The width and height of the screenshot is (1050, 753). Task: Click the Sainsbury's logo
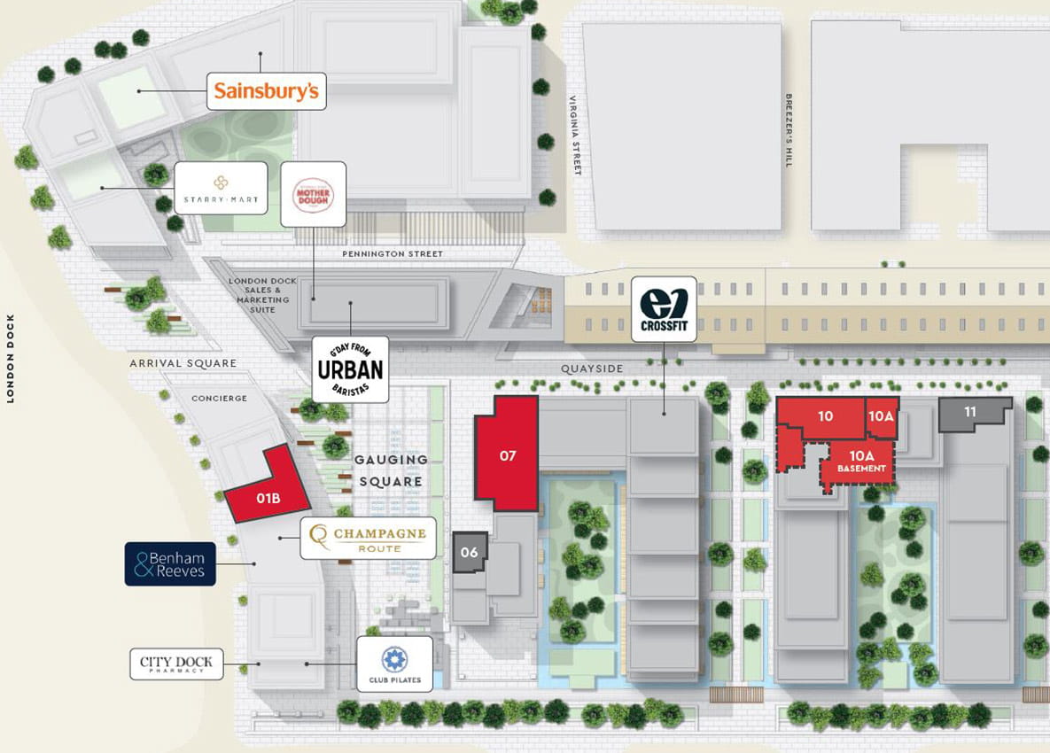pos(267,91)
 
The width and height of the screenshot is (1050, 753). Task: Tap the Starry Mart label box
pos(221,188)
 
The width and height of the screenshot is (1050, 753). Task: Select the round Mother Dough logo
pos(313,194)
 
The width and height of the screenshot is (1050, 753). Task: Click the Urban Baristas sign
pos(350,369)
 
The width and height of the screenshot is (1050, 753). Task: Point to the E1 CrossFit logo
pos(664,309)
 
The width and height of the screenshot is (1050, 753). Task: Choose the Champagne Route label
pos(368,538)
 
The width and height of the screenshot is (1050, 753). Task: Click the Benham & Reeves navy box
pos(170,564)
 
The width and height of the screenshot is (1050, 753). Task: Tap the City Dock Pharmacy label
pos(176,664)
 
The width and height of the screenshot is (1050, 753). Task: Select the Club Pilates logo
pos(394,664)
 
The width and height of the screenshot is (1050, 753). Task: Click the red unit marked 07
pos(507,454)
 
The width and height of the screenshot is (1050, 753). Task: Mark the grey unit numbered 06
pos(470,552)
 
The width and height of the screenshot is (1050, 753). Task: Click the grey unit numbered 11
pos(971,412)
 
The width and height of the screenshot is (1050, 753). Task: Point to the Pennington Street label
pos(392,254)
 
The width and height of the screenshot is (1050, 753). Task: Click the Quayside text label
pos(592,369)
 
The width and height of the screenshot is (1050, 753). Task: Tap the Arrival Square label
pos(183,363)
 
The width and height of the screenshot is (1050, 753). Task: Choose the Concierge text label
pos(219,399)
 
